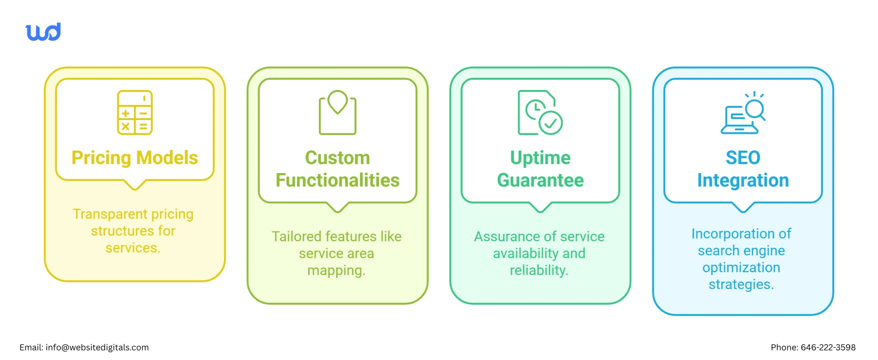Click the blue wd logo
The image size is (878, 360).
point(43,32)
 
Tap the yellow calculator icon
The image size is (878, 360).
point(135,113)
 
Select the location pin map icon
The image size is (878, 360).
point(337,112)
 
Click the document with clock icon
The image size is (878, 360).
point(540,113)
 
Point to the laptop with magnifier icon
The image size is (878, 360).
point(743,114)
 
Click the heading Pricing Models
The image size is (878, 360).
point(135,158)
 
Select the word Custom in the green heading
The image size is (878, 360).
point(337,158)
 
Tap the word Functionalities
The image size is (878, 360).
point(337,180)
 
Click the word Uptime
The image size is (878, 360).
point(540,158)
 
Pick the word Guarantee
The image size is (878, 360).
point(540,180)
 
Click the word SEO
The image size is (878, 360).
point(743,158)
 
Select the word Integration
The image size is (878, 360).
point(743,180)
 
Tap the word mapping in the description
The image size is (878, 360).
point(336,270)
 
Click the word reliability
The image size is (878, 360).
point(538,270)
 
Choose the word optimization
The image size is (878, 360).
point(741,267)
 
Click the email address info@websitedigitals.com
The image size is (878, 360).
point(97,348)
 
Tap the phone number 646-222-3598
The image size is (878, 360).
point(828,348)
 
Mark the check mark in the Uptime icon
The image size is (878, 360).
point(550,123)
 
